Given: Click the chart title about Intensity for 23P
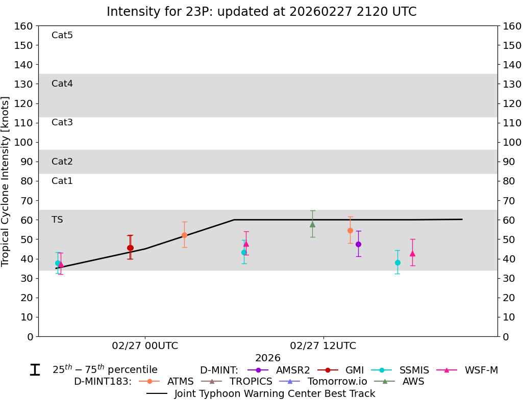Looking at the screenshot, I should [261, 12].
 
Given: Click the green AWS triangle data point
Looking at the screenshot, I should [312, 224].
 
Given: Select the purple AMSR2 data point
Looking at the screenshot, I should [358, 244].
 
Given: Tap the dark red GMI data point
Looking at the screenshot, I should [130, 248].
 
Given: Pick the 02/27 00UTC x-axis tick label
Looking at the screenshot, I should [145, 346].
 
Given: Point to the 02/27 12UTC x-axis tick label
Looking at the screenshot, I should [323, 346].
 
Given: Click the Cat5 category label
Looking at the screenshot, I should [62, 35].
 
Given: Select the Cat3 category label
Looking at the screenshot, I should [62, 122].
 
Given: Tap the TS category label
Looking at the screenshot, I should [57, 220].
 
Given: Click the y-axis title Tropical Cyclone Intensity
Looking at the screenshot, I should [6, 181].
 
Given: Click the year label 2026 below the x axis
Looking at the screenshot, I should [268, 358].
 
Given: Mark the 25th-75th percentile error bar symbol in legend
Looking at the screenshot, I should [35, 370].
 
